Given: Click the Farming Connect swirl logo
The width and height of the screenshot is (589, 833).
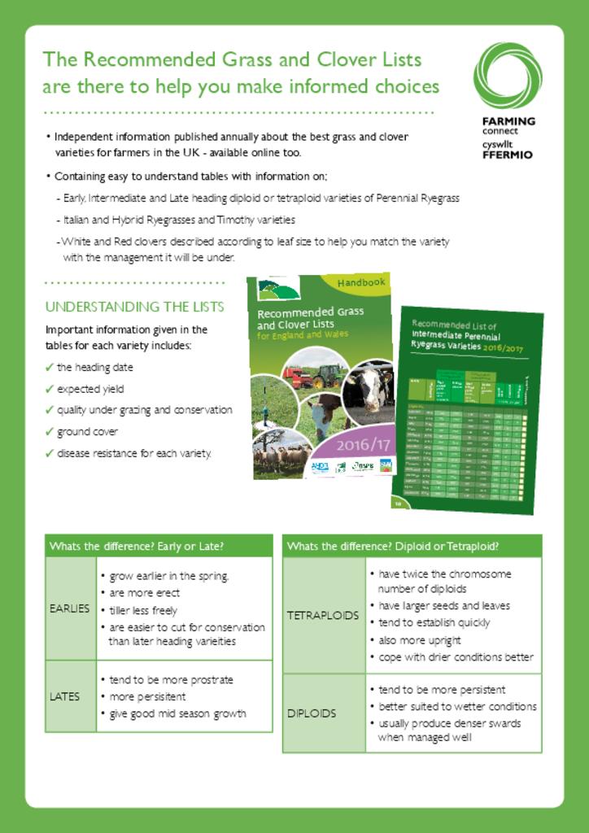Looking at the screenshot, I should (x=507, y=75).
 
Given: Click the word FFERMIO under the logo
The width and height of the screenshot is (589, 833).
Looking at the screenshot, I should (x=508, y=155).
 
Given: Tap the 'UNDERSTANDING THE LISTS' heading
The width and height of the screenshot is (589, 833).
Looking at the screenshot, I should (x=134, y=307).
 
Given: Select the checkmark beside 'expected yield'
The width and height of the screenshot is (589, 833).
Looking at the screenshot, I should (x=50, y=389).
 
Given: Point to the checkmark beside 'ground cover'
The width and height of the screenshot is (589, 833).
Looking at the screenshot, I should (x=50, y=431).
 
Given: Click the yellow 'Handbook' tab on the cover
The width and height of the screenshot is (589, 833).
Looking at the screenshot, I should (x=360, y=283).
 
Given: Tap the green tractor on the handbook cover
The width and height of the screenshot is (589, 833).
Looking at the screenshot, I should (x=328, y=375).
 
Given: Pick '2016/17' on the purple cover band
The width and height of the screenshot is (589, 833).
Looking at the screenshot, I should (x=364, y=445).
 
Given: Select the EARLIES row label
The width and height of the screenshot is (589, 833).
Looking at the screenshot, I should (x=70, y=608).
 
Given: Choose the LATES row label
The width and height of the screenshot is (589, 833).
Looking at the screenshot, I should (x=65, y=696).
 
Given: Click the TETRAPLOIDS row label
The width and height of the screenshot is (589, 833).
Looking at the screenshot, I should (x=323, y=615).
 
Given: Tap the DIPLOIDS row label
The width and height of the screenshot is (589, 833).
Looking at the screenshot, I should (x=312, y=713).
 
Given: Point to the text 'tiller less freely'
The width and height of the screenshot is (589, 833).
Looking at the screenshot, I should (x=142, y=610).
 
